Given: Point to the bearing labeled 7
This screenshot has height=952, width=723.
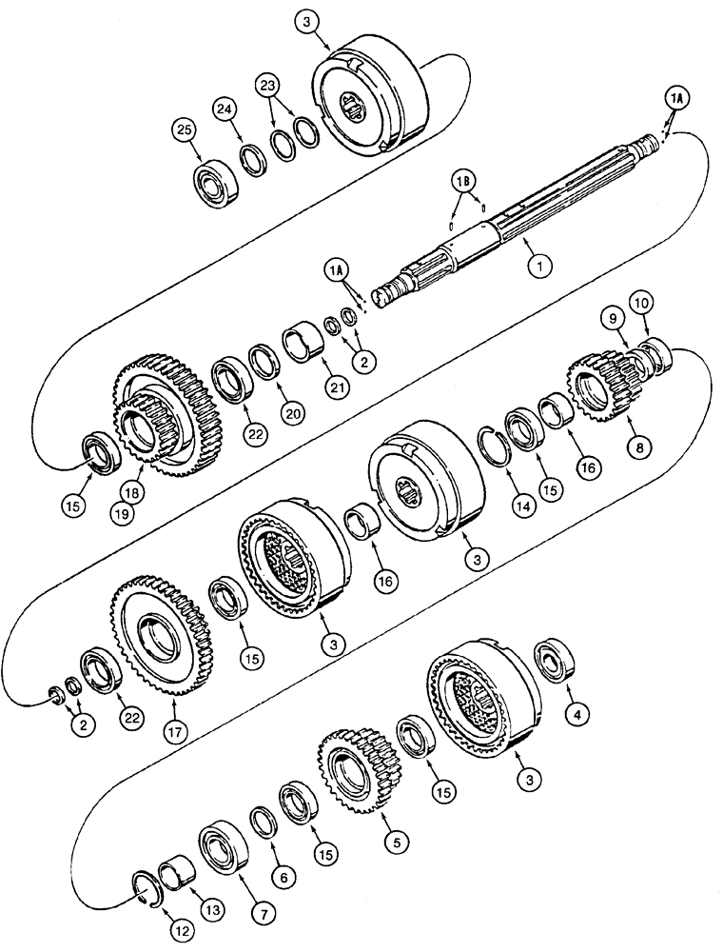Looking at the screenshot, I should pos(223,843).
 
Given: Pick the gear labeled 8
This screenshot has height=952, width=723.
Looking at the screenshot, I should pos(596,389).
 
